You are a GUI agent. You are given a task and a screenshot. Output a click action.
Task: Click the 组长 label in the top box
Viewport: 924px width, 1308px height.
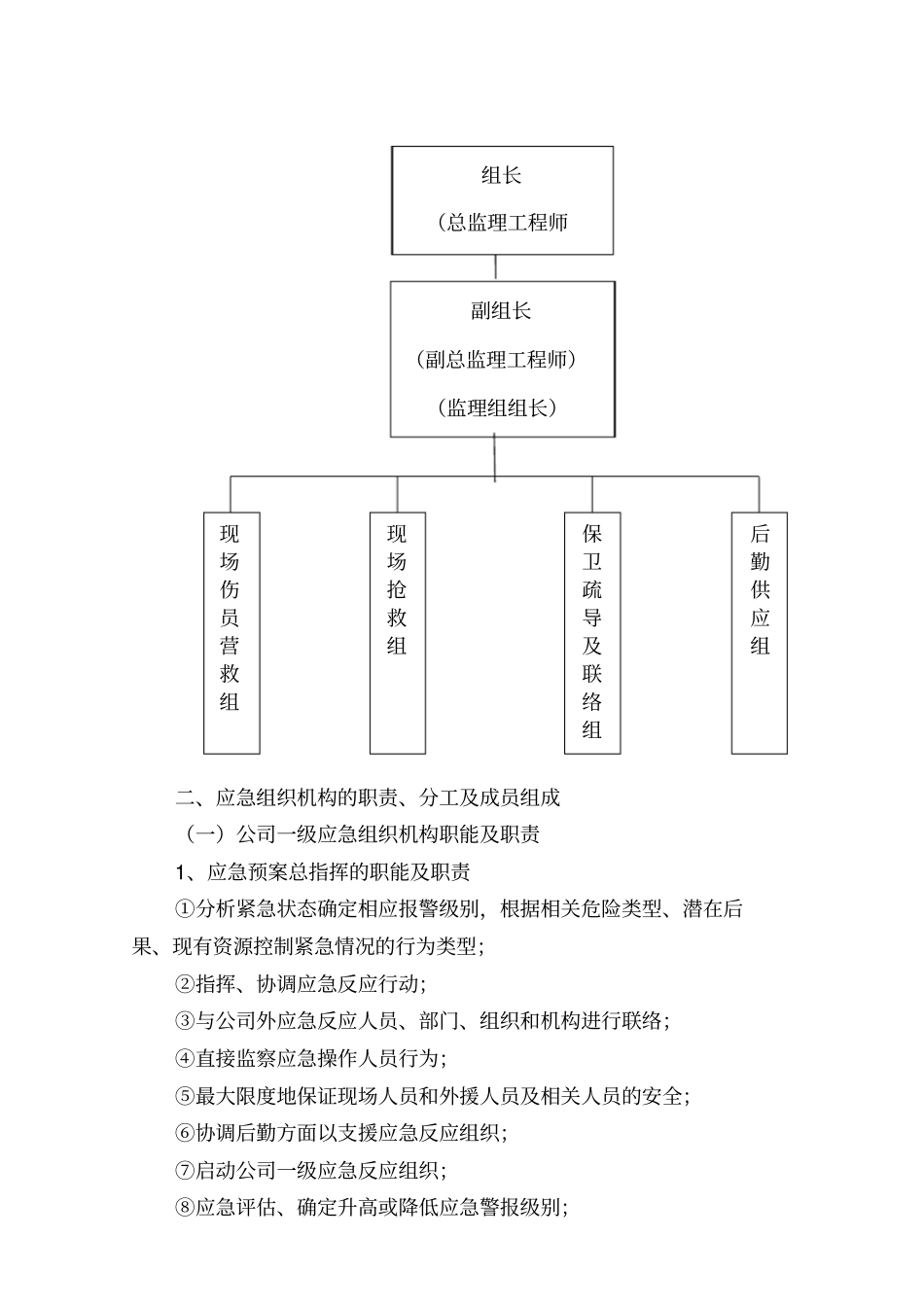pos(501,176)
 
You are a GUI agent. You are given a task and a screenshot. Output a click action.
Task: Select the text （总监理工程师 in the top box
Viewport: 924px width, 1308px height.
pos(503,223)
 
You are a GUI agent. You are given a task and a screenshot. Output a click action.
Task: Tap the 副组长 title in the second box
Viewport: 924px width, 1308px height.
pos(501,311)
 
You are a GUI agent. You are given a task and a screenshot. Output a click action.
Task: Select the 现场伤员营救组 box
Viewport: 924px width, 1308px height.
pos(231,632)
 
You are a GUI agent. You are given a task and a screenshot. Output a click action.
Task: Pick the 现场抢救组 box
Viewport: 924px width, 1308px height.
pos(398,632)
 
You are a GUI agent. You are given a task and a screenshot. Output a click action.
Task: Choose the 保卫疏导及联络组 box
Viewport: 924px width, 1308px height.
pos(592,632)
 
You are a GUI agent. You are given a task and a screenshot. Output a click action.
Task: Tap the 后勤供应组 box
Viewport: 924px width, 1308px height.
pos(760,632)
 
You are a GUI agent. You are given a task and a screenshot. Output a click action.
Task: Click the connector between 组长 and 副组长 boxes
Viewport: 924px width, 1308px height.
pos(496,267)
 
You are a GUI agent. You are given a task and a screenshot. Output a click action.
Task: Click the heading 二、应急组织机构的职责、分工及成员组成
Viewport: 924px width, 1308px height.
pos(368,798)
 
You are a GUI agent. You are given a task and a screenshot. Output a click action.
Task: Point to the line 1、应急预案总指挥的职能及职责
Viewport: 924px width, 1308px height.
pos(323,872)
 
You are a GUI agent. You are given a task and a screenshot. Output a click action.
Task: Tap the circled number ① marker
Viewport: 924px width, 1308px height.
pos(185,909)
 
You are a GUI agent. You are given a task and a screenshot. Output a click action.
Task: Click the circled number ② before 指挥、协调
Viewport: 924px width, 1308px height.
pos(185,984)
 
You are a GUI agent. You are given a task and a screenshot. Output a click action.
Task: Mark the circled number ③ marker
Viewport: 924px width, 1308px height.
pos(185,1021)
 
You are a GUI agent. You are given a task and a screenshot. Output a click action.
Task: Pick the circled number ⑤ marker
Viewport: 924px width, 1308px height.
pos(185,1096)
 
